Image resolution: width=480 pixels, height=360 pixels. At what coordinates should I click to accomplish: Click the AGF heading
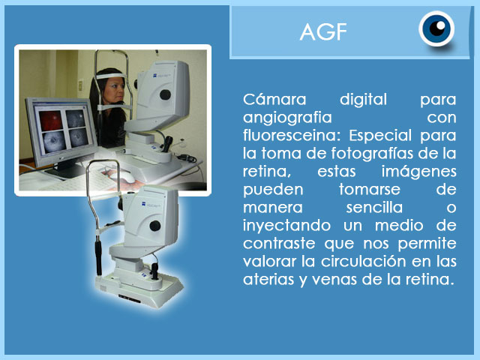323,31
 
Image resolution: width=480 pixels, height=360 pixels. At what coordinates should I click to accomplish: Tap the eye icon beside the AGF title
436,28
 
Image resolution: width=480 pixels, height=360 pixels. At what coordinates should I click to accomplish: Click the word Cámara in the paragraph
274,100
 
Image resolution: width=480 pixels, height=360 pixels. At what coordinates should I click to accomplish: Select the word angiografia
287,118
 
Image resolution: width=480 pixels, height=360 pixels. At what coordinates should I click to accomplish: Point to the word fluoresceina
292,136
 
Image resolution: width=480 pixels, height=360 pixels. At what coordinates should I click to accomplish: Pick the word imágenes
418,172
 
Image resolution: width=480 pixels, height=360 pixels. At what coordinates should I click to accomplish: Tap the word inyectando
286,226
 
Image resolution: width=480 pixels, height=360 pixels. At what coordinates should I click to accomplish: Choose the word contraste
279,244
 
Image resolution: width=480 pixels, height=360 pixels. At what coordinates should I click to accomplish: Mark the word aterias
268,280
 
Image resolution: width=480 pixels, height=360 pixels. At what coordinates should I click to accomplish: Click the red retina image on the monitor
50,120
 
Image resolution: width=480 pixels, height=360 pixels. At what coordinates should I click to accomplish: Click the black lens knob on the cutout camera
155,226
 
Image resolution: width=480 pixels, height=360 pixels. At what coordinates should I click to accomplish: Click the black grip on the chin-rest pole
98,257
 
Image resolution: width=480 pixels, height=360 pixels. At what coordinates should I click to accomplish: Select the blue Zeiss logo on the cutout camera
143,203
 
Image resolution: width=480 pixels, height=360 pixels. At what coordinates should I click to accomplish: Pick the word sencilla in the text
374,208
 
